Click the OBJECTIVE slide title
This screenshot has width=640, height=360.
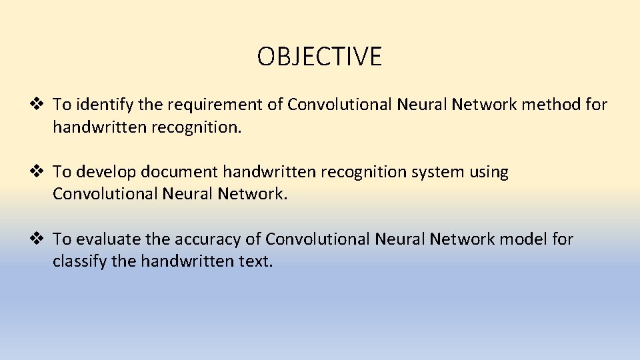pos(319,57)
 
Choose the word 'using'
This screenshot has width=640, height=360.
pos(490,172)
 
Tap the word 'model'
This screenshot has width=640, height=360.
pos(521,239)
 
